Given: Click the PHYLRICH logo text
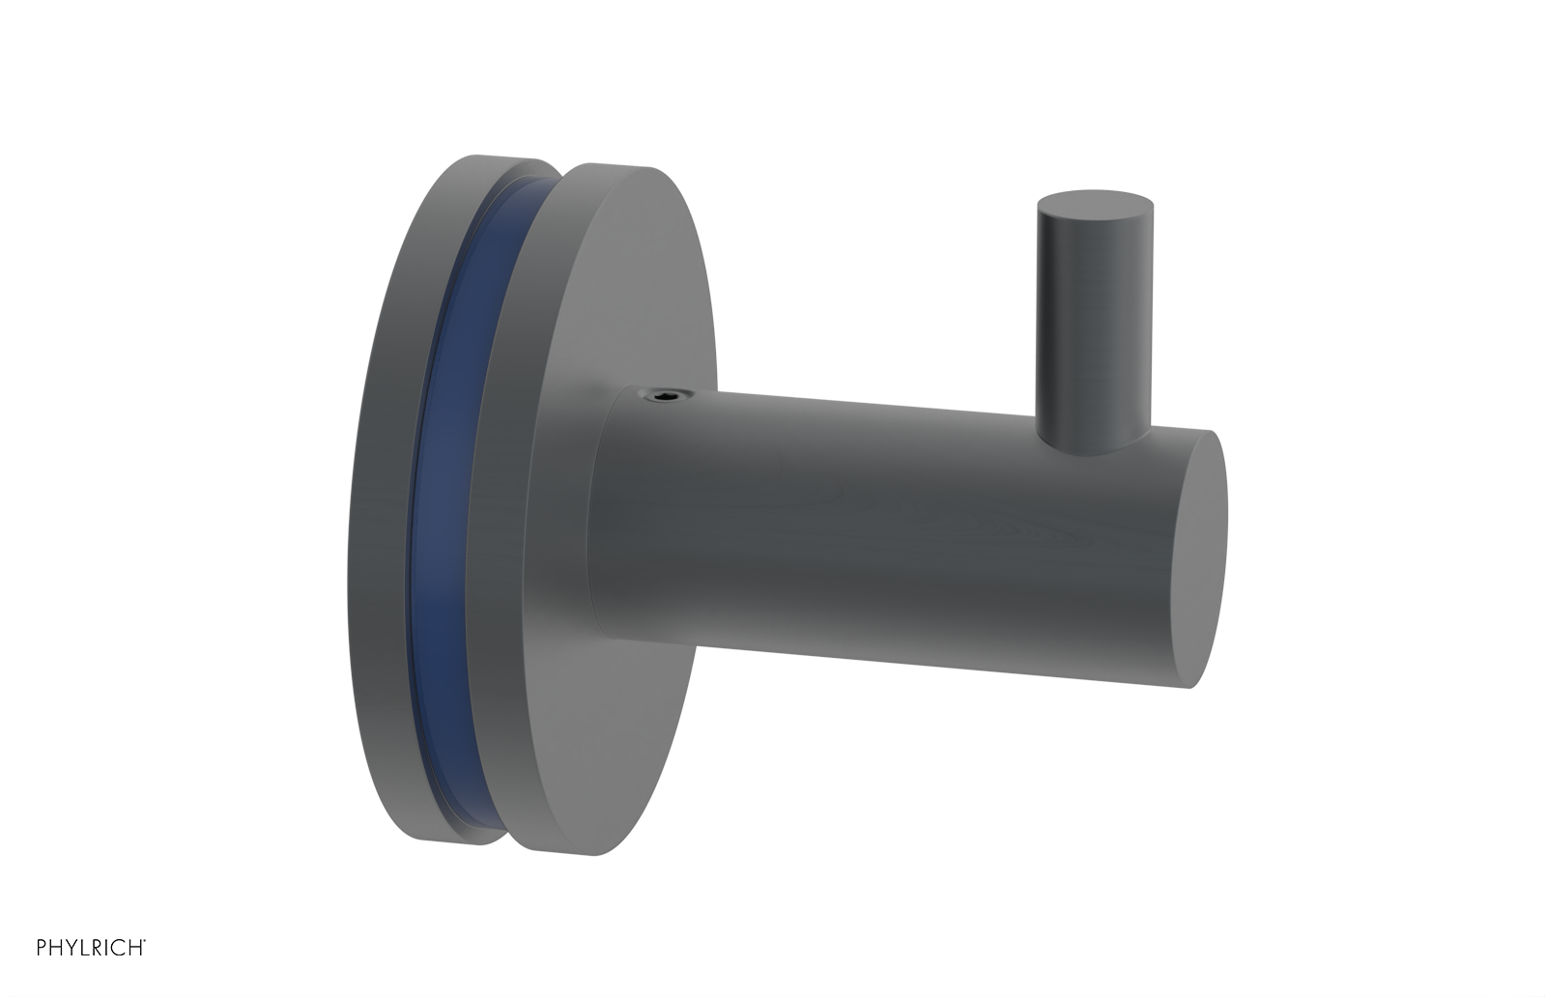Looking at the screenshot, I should pos(91,948).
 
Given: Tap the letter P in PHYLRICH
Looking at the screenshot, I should pos(42,948).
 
